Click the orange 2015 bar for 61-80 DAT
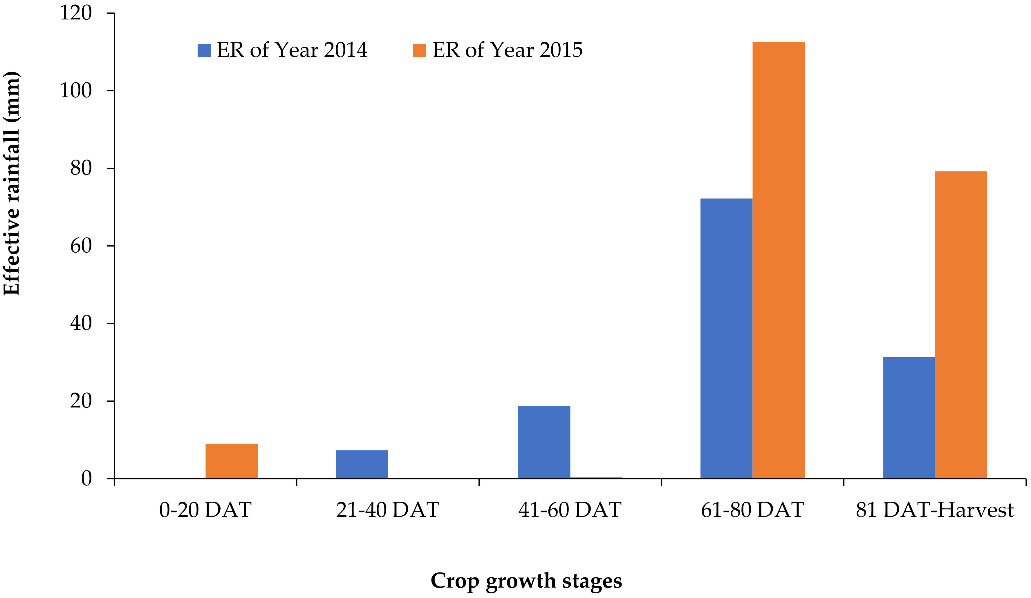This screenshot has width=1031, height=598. [778, 260]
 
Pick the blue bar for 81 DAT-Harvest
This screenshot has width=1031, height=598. [909, 418]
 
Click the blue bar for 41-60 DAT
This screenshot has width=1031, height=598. [544, 442]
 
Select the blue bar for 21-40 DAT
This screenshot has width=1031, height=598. [362, 464]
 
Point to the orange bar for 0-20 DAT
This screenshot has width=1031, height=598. [232, 461]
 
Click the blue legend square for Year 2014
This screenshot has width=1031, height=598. [204, 50]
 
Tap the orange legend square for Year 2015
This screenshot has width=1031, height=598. [419, 50]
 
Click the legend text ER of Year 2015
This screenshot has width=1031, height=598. [507, 50]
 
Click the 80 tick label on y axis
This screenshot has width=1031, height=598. [81, 168]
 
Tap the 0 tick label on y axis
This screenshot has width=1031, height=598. [86, 479]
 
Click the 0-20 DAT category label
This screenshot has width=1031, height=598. [205, 510]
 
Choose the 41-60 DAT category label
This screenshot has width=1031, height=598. [570, 510]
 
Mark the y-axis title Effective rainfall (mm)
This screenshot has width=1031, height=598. [11, 183]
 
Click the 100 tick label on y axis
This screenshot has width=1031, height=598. [76, 90]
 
